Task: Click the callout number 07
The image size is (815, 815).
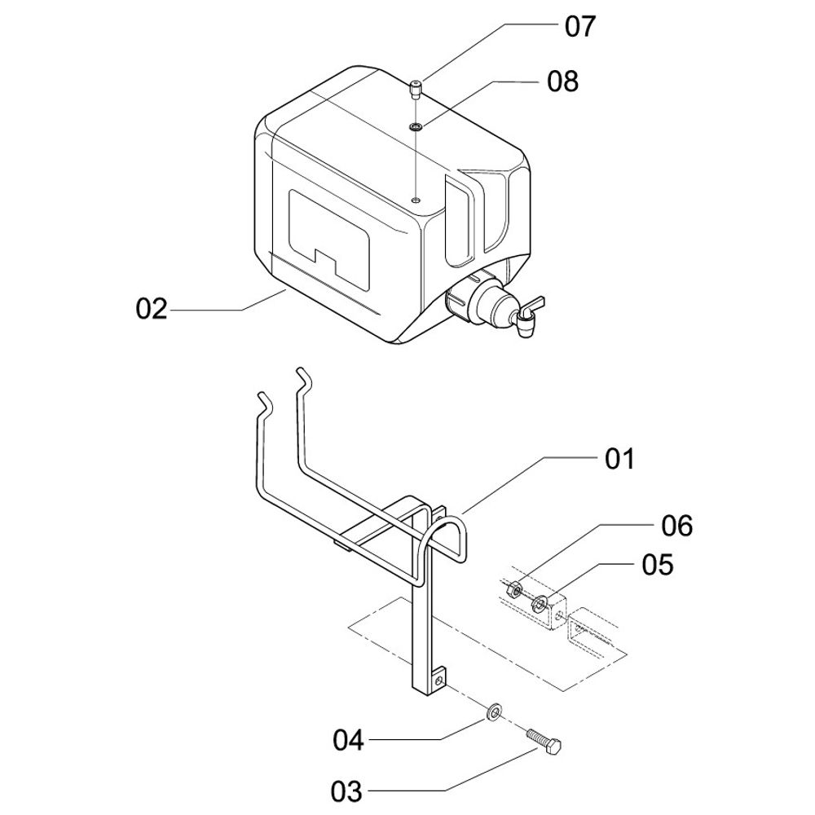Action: click(580, 27)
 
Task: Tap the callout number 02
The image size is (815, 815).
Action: click(152, 310)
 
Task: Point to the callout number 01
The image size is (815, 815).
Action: click(619, 459)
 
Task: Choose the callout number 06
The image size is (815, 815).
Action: click(676, 526)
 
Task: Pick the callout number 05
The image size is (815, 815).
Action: click(658, 564)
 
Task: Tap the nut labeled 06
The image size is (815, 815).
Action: click(514, 589)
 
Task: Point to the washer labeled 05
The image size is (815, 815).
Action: click(539, 606)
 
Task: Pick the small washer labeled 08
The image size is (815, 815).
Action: click(416, 126)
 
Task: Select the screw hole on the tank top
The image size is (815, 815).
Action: click(416, 199)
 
